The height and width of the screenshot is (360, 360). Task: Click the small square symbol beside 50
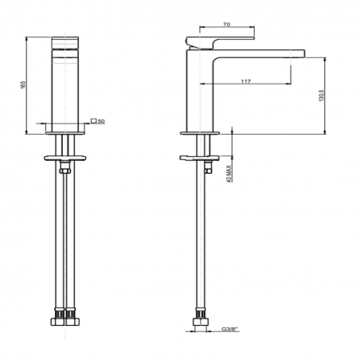95,121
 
